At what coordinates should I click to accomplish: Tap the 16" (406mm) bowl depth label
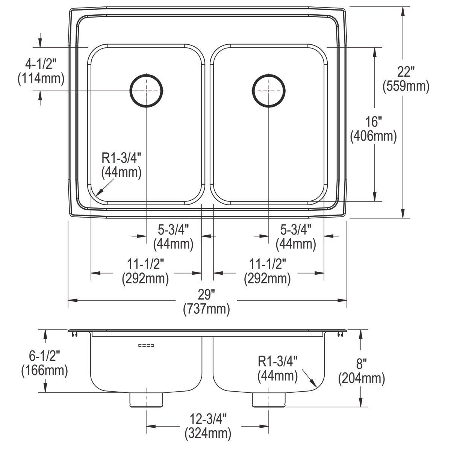373,129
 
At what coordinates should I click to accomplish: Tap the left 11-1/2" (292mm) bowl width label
145,271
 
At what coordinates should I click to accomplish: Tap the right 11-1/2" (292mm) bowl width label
267,271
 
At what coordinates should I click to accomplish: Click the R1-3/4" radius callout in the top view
121,165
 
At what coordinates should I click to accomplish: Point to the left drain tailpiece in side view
147,400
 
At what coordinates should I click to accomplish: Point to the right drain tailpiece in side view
268,400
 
